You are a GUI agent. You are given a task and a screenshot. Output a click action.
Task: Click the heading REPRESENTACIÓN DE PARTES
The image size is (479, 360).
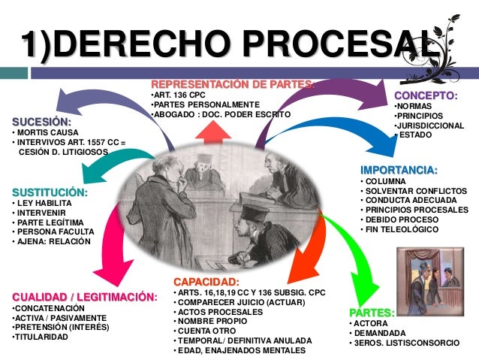[233, 83]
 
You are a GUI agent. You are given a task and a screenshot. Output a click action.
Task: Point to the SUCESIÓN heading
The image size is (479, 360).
[41, 122]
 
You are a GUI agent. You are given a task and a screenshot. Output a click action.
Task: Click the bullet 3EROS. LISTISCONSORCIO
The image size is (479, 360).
[406, 343]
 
